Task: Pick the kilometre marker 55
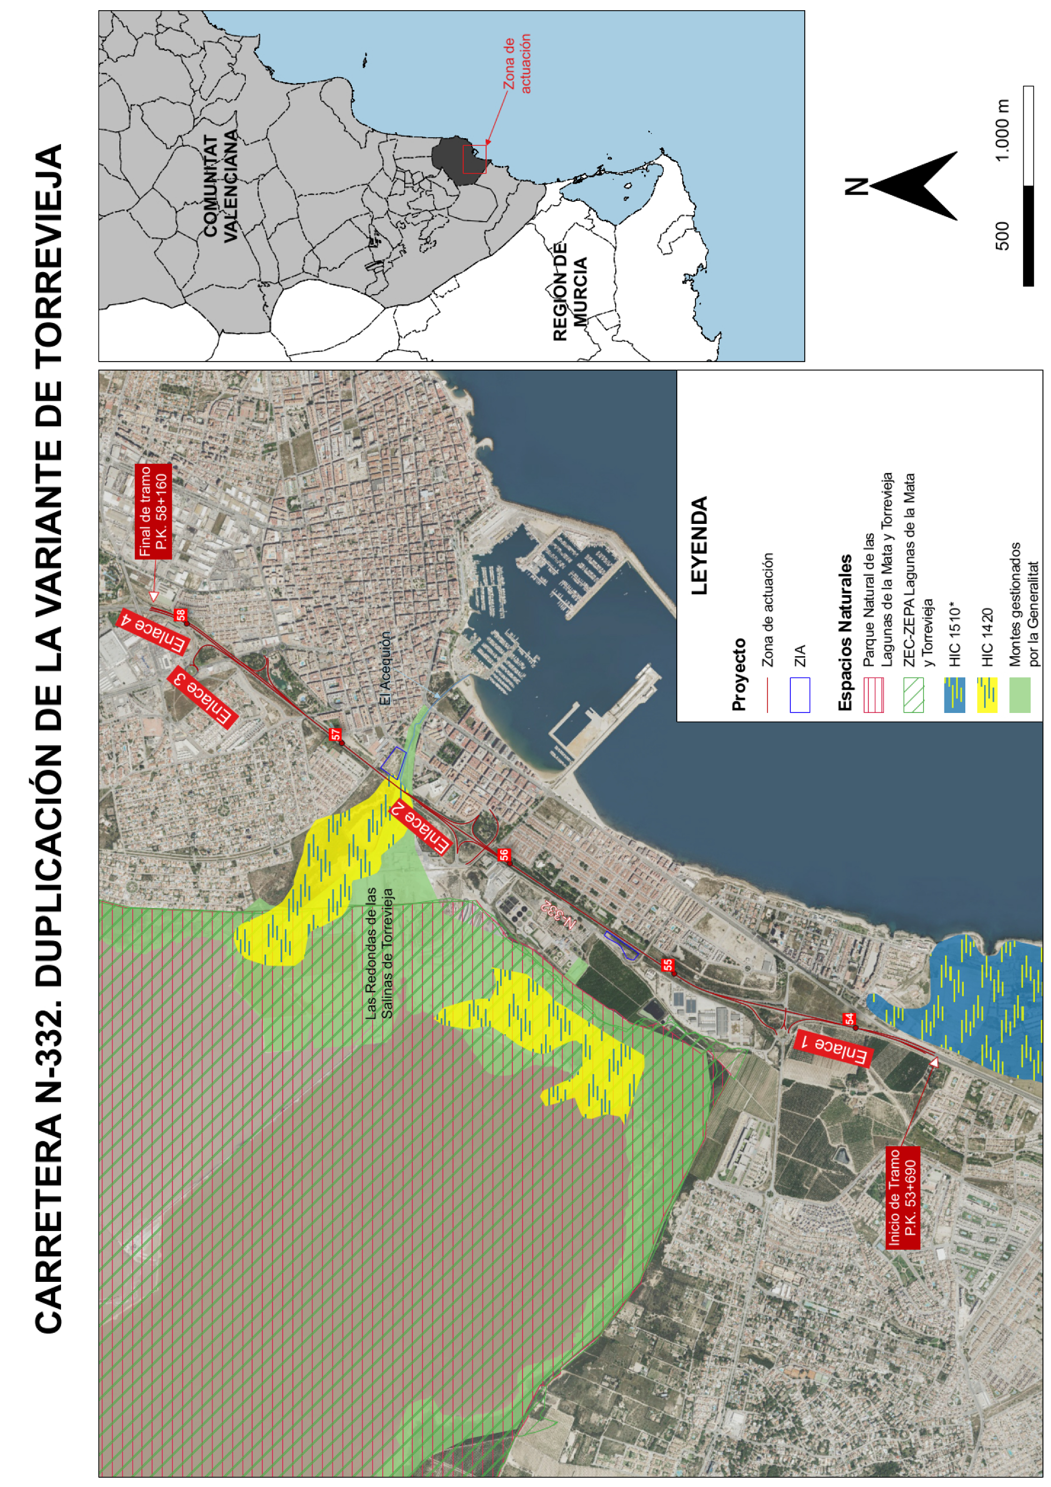point(667,965)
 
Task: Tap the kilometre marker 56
point(504,855)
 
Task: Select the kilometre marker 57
point(336,734)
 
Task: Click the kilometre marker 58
point(181,614)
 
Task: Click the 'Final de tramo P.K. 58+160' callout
point(153,512)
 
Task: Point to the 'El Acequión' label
point(385,669)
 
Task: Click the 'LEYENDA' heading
point(700,545)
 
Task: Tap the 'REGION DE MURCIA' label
point(570,291)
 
